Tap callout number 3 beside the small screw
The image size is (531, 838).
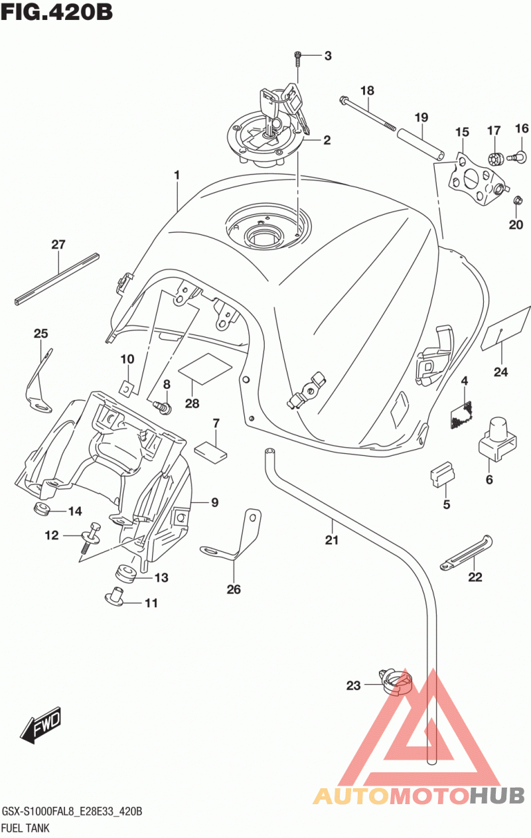[328, 56]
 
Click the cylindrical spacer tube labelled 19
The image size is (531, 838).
[421, 144]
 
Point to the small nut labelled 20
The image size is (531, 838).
[518, 200]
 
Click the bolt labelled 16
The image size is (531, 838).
[517, 157]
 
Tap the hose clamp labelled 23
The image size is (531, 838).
[396, 683]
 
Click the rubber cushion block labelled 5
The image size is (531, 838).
[442, 474]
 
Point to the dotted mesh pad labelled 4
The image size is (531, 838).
[461, 415]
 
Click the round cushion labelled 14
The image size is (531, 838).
[41, 509]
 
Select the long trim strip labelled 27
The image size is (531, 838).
[57, 279]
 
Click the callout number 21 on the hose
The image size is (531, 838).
[332, 540]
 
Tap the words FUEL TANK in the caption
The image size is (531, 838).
[25, 828]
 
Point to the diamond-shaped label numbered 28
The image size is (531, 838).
[205, 369]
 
